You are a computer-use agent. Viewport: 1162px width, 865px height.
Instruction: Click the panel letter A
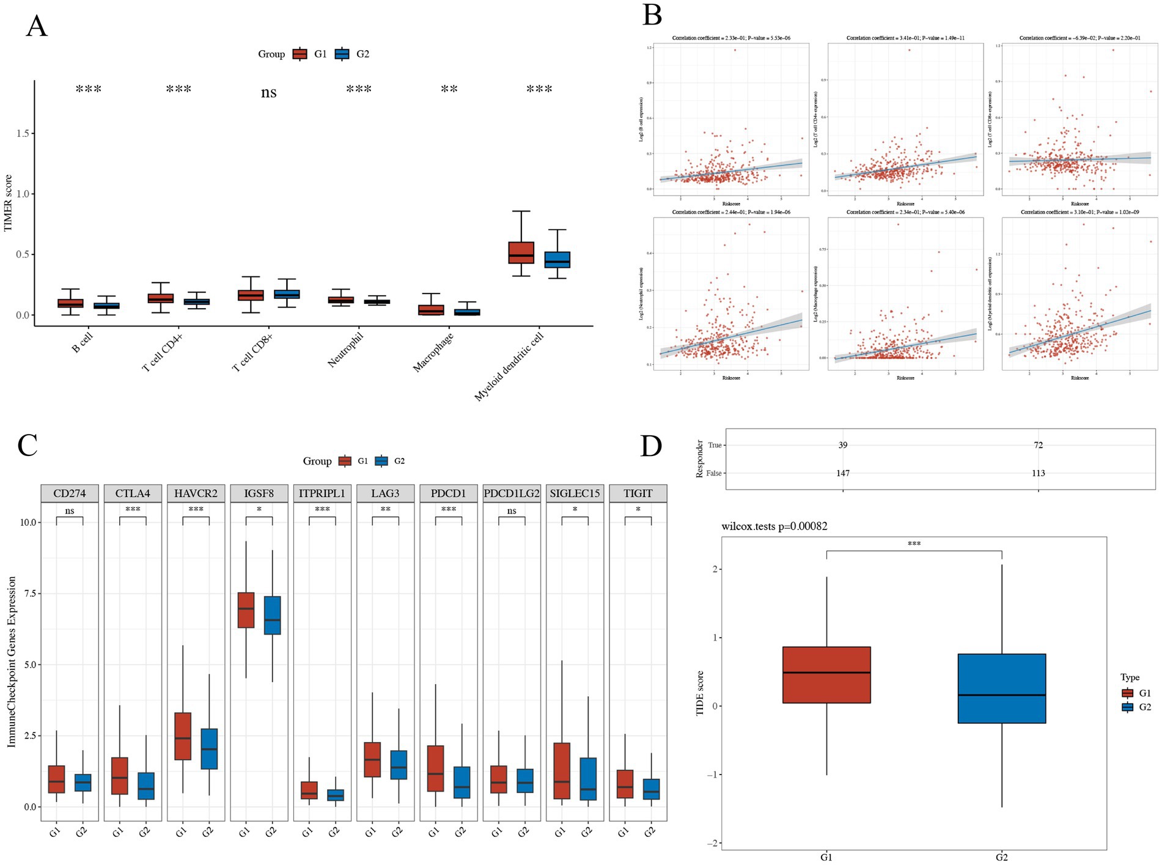[x=36, y=27]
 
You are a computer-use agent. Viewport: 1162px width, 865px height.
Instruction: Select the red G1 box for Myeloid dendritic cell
[x=521, y=252]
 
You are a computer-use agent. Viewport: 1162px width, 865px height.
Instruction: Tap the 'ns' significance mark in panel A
[x=268, y=92]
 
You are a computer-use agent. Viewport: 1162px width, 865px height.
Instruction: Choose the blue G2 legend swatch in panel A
[x=342, y=54]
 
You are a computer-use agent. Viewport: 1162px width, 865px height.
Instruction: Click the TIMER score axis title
[x=8, y=203]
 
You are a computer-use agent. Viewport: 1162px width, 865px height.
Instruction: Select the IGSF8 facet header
[x=259, y=493]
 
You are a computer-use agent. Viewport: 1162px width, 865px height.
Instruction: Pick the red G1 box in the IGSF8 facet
[x=246, y=610]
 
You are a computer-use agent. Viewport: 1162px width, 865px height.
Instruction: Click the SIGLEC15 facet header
[x=575, y=493]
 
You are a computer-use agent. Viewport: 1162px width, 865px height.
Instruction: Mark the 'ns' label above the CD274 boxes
[x=69, y=510]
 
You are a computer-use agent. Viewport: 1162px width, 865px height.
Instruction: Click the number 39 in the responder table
[x=843, y=445]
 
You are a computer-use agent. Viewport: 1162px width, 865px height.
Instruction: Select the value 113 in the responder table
[x=1038, y=473]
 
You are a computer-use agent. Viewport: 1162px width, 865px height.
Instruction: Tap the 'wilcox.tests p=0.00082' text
[x=774, y=526]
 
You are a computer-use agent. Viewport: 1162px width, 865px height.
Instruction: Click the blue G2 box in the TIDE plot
[x=1001, y=688]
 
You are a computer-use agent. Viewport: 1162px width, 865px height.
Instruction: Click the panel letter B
[x=652, y=15]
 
